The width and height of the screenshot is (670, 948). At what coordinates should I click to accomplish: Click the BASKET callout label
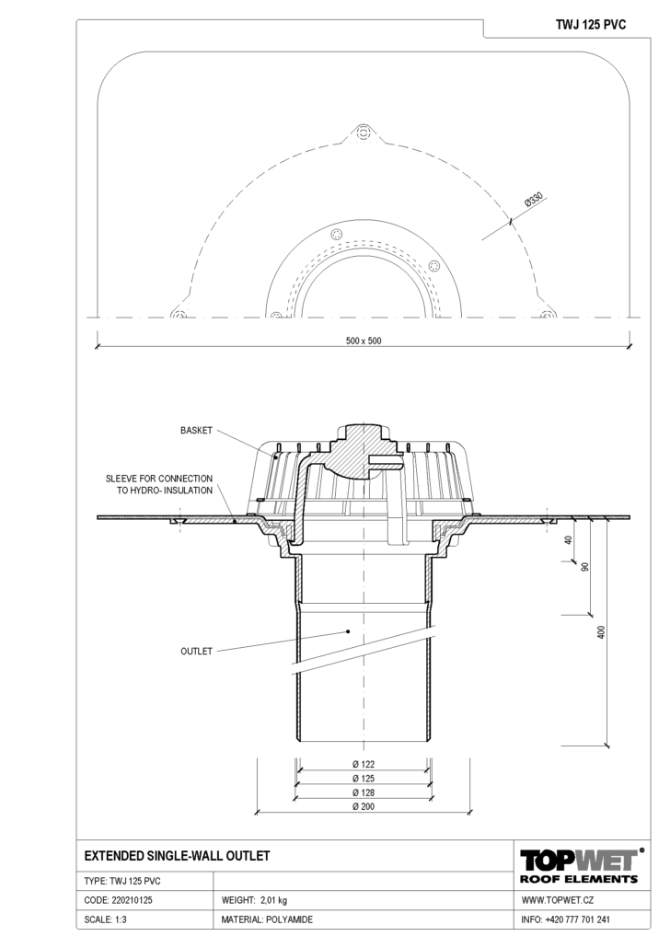point(197,431)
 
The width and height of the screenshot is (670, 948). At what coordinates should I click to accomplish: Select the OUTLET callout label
point(197,651)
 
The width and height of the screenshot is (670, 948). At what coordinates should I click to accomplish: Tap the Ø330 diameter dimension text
point(534,200)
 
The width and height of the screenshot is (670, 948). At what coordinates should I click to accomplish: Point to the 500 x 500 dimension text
point(364,341)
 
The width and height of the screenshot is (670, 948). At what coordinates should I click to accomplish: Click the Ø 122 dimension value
point(364,764)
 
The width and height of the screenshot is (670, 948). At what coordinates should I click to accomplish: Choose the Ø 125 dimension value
point(364,778)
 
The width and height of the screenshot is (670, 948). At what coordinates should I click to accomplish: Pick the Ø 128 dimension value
point(364,792)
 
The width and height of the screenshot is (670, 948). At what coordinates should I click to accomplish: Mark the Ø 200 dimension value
point(364,806)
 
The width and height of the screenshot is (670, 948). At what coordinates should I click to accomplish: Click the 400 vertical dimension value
point(600,632)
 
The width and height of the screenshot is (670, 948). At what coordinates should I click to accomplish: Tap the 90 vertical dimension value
point(584,567)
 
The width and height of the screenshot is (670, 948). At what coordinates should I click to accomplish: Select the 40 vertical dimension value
point(568,540)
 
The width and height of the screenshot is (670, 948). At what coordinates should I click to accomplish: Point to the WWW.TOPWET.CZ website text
point(557,900)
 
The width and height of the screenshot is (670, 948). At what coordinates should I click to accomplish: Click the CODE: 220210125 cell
point(118,900)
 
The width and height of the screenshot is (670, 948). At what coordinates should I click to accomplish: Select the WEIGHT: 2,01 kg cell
point(254,900)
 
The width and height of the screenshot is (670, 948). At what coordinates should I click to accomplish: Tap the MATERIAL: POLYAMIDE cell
point(267,919)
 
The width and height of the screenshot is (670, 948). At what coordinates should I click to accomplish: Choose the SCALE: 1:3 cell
point(105,919)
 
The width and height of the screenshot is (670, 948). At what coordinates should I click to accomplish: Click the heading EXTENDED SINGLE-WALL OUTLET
point(177,855)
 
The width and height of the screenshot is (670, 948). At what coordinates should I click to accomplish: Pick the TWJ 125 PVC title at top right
point(591,25)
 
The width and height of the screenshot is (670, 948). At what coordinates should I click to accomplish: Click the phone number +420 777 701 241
point(577,919)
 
